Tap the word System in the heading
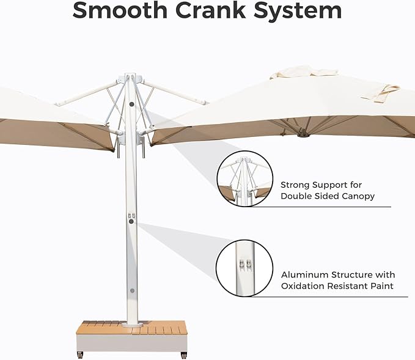[x=298, y=11]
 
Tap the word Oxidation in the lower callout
[x=303, y=286]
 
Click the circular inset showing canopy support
[x=245, y=179]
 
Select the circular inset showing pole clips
[x=244, y=268]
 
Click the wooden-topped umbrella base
[x=132, y=336]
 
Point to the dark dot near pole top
[x=131, y=105]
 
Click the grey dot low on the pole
[x=132, y=291]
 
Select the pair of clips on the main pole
[x=131, y=216]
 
